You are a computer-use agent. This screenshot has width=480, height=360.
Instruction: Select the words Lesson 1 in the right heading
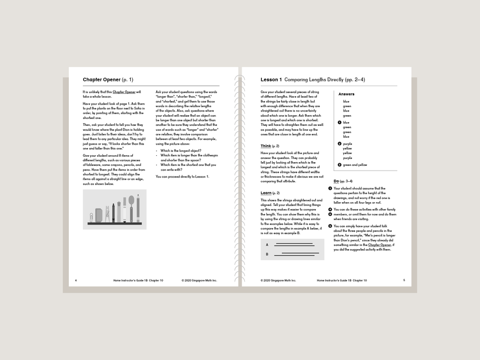(271, 80)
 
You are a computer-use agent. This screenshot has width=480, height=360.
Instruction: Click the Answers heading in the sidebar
(346, 94)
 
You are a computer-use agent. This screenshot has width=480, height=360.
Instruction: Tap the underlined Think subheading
(266, 146)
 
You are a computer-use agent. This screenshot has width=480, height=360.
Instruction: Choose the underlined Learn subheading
(266, 193)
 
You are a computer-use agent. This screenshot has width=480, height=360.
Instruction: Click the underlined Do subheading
(336, 181)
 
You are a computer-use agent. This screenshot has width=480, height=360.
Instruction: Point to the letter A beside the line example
(267, 245)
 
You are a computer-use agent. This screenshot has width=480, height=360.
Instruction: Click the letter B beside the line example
(267, 254)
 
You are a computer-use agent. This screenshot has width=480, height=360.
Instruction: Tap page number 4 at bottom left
(76, 280)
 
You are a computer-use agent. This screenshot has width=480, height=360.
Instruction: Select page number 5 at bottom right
(404, 280)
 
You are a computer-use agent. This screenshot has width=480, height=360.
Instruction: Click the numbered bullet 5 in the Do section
(330, 226)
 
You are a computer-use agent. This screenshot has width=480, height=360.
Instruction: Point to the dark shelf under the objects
(114, 223)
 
